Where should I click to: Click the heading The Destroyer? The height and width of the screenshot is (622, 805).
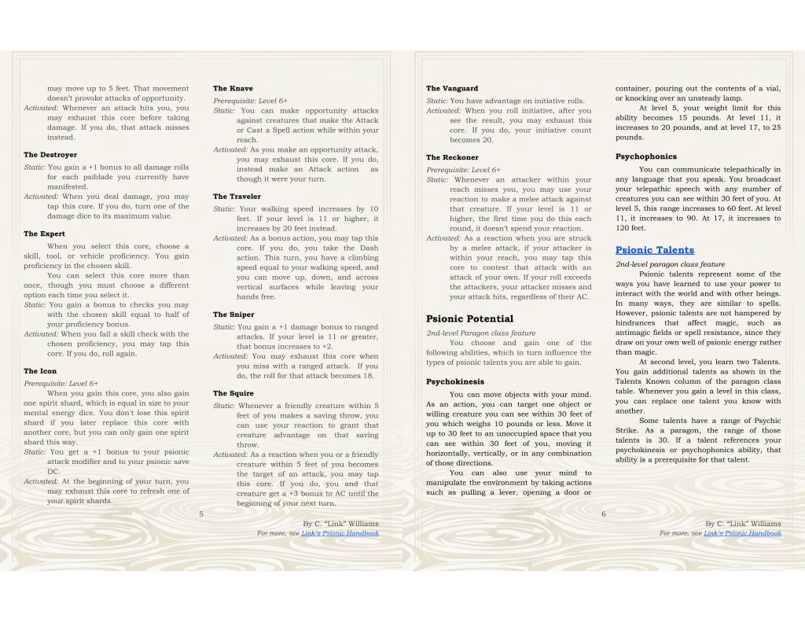tap(50, 155)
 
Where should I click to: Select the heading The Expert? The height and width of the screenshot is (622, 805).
tap(45, 234)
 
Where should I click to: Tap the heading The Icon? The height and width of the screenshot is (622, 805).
tap(39, 371)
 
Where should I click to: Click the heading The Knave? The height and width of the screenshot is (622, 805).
tap(233, 89)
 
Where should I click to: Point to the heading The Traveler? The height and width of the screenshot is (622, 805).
tap(237, 197)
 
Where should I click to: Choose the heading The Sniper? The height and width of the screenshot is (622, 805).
tap(233, 315)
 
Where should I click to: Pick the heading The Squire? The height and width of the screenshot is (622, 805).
tap(233, 393)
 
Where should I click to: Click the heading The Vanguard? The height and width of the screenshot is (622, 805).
tap(452, 89)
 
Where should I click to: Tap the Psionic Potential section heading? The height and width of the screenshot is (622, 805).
tap(469, 318)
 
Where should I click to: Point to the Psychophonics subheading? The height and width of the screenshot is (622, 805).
tap(645, 156)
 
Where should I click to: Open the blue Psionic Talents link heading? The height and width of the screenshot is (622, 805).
tap(655, 250)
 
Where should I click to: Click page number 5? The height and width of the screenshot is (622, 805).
tap(201, 513)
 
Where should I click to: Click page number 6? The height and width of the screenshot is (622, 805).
tap(604, 513)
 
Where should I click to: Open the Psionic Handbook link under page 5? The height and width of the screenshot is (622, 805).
tap(340, 533)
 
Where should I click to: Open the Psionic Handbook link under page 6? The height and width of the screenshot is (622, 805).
tap(742, 533)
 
